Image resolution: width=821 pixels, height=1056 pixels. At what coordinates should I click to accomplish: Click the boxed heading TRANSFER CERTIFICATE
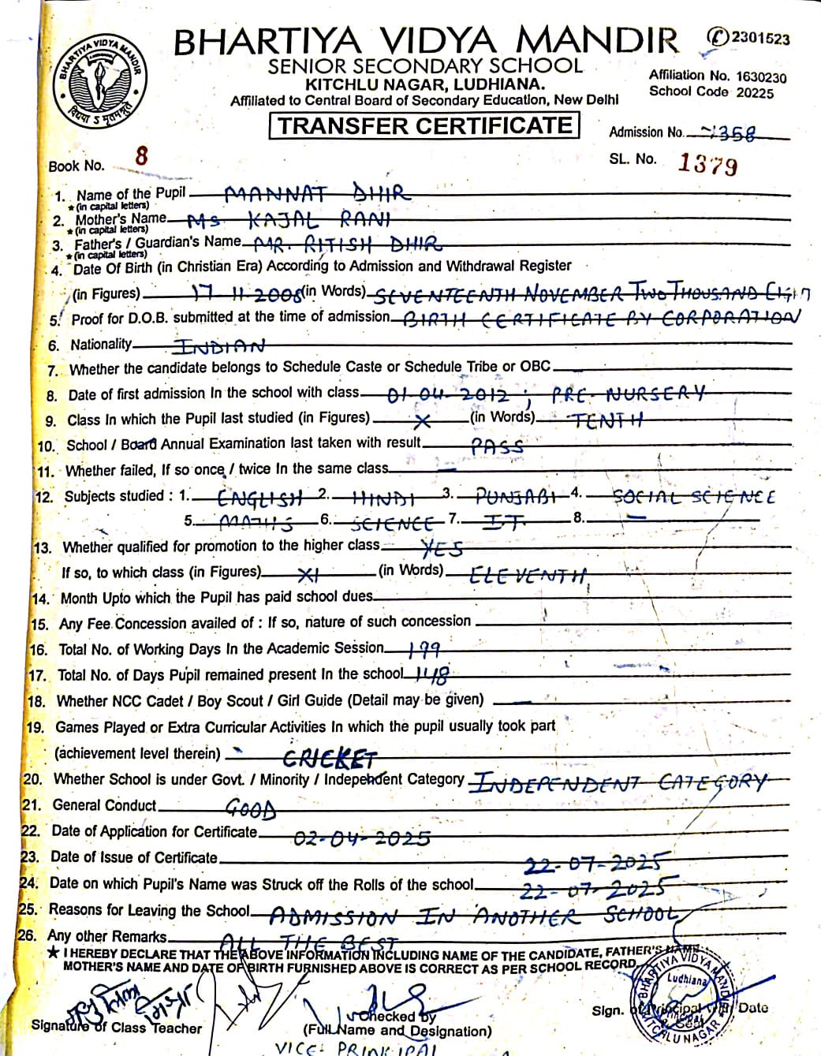424,125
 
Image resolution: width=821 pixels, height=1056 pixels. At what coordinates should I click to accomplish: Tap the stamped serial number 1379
707,164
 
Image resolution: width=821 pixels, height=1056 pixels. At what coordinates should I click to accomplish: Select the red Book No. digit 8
141,155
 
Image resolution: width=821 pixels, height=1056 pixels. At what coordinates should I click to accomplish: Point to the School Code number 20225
755,92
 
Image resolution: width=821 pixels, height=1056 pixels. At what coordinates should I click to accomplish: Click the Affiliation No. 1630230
761,76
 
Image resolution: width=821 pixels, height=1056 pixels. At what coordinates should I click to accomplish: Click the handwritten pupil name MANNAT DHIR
317,193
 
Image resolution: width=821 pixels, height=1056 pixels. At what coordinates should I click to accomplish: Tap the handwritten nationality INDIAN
218,346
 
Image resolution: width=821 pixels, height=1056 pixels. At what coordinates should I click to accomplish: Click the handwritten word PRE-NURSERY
628,394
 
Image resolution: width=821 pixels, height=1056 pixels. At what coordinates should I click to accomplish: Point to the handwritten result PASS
497,446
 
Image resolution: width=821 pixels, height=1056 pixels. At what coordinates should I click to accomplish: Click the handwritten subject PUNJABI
517,497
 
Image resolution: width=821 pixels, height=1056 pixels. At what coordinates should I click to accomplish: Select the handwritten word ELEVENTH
528,575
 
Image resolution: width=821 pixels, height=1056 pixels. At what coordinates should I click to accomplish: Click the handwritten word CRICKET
330,759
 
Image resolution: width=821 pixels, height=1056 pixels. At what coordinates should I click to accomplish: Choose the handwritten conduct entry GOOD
251,808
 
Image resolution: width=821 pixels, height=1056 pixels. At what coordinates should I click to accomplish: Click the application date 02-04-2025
362,837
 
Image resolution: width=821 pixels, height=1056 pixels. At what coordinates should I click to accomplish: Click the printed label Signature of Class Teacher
117,1028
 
